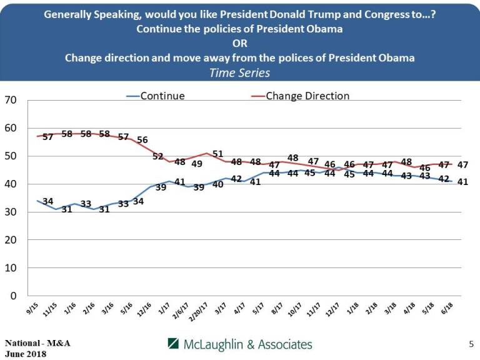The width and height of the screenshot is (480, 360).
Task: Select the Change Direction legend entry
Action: point(307,96)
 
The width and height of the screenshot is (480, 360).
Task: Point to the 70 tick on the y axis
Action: point(10,100)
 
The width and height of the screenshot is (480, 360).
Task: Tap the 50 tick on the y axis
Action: point(10,156)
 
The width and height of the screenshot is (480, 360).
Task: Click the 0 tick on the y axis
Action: point(12,296)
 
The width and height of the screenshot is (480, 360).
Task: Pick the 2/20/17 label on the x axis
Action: point(202,311)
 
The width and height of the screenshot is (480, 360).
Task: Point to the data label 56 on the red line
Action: point(142,140)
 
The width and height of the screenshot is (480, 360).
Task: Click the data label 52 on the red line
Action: point(158,156)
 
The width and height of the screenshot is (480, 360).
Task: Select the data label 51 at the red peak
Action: point(217,154)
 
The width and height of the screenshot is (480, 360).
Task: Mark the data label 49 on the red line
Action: point(196,164)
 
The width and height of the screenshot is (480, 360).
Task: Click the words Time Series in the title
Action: point(240,72)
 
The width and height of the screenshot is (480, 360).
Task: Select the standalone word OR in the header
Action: point(240,44)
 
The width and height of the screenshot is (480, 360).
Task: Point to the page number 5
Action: point(471,344)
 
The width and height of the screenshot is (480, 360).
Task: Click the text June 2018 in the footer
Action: point(26,353)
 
